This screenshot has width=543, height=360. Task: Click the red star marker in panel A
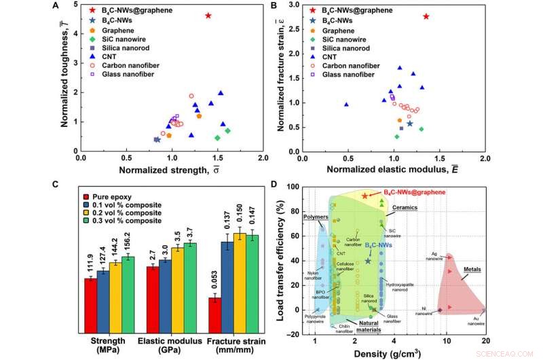208,16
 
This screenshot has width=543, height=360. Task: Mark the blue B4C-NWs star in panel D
369,261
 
